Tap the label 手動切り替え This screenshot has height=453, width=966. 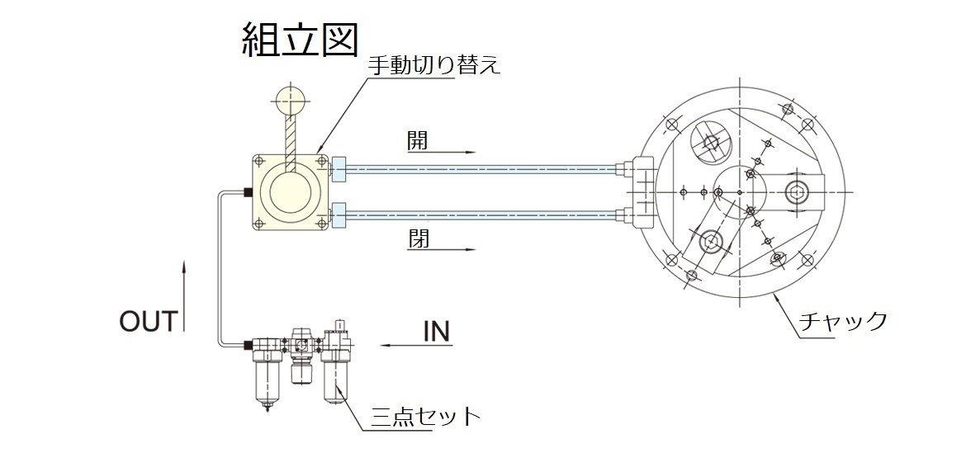[x=433, y=65]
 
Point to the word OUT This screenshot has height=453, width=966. [x=149, y=321]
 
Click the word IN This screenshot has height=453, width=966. [x=436, y=332]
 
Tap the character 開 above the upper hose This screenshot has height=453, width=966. [x=418, y=141]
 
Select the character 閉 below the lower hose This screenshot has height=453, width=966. [x=418, y=239]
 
